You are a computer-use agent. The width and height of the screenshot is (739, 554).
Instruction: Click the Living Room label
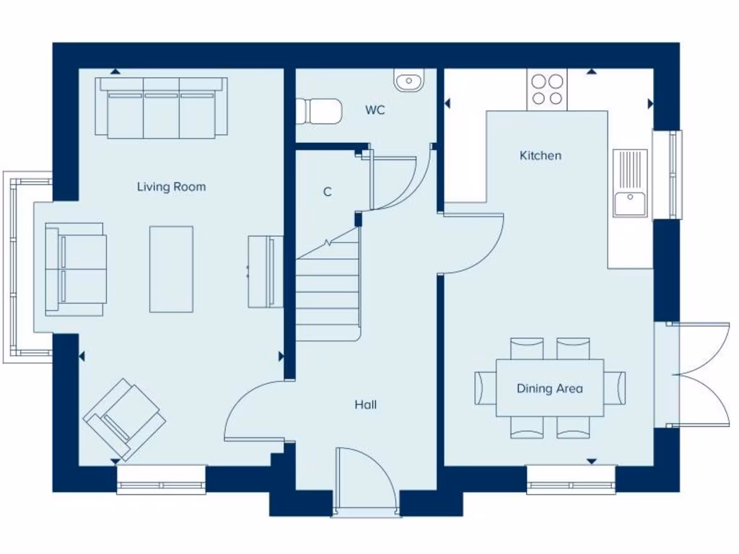point(171,187)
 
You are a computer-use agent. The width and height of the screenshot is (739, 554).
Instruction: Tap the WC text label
point(375,110)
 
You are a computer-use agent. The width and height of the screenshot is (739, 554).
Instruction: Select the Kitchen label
point(540,156)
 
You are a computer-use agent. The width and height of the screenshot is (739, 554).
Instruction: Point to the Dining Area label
point(549,389)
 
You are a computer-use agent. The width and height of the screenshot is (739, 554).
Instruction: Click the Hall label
point(365,405)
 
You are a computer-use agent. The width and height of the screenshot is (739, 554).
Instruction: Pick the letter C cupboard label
point(328,192)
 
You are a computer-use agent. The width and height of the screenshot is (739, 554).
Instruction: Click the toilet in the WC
point(318,111)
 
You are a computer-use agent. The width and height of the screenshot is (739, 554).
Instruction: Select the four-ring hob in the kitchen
point(546,89)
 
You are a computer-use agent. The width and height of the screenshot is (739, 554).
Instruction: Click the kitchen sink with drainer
point(630,183)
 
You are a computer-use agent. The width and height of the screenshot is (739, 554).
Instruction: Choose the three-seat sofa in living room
point(162,108)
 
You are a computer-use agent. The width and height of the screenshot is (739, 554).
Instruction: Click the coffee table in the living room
point(171,269)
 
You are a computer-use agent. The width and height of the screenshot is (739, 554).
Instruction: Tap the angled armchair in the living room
point(124,419)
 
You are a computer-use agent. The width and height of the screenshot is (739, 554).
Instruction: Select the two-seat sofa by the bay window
point(76,269)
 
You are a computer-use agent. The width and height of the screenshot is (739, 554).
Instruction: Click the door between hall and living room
point(253,411)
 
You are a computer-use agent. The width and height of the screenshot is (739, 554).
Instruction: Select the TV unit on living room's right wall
point(266,271)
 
